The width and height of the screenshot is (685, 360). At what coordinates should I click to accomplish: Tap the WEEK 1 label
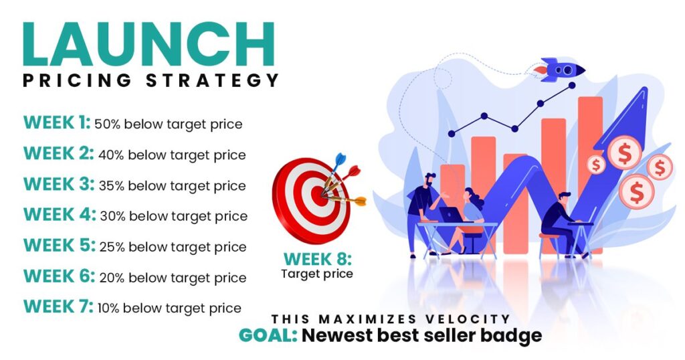tap(56, 123)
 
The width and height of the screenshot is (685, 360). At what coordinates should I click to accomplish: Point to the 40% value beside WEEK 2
tap(111, 155)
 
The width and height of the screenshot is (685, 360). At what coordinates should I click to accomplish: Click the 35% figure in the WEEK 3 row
tap(111, 185)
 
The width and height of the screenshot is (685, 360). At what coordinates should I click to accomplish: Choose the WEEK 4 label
tap(59, 215)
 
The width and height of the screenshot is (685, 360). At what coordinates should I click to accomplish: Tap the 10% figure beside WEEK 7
tap(108, 308)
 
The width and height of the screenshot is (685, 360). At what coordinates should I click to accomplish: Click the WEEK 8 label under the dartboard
tap(317, 259)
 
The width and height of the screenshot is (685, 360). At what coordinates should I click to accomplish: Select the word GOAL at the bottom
tap(268, 335)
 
